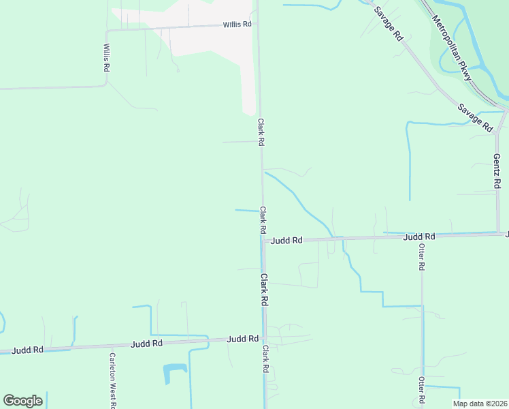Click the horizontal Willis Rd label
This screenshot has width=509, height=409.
pos(237,25)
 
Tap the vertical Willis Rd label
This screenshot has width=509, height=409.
pos(107,59)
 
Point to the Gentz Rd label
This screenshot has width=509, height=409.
pos(497,171)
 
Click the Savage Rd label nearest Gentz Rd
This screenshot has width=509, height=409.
pos(475,117)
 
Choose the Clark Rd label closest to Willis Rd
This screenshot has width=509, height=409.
pos(260,132)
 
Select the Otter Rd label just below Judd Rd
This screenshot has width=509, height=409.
pos(421,257)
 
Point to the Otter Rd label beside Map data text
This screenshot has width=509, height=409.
pos(421,389)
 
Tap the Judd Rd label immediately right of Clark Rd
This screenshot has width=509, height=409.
pos(286,241)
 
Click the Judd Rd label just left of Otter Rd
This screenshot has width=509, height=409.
pos(418,237)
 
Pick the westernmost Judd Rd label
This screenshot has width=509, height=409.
pos(29,350)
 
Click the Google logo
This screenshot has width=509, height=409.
pos(22,401)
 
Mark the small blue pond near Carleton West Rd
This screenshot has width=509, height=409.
pos(174,372)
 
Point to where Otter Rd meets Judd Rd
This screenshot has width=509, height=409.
pos(422,236)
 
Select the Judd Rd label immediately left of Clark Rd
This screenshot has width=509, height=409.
pos(243,339)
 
